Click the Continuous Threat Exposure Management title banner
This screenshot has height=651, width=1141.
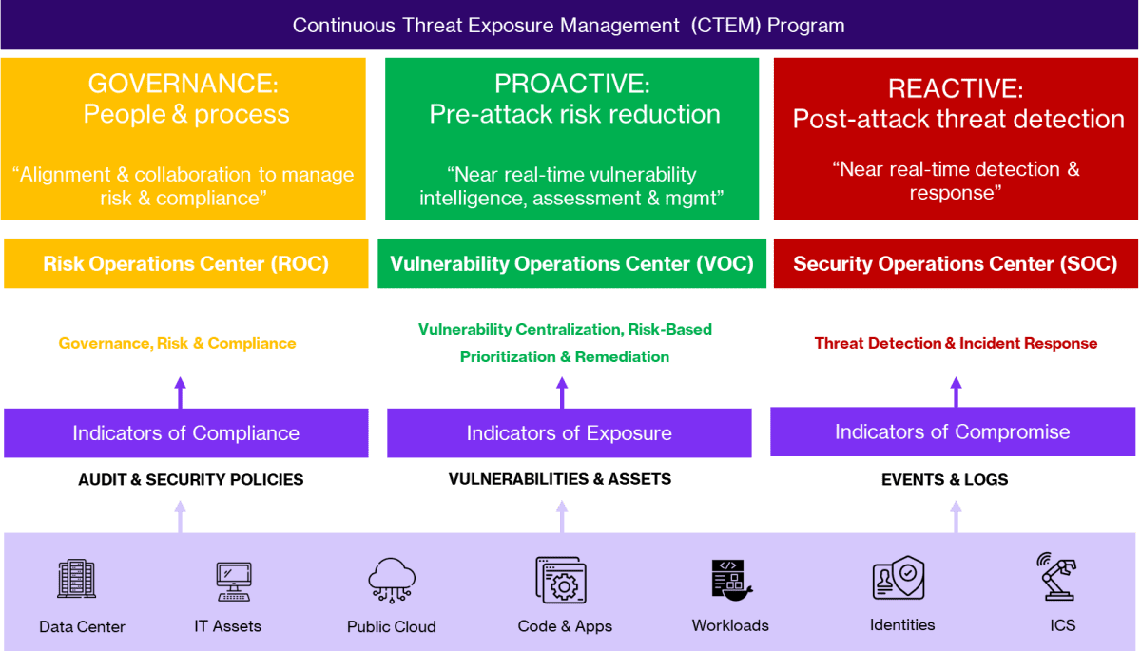click(x=569, y=25)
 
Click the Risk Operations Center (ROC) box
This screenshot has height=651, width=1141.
click(x=186, y=263)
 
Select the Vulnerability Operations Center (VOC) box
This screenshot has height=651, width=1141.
click(x=571, y=263)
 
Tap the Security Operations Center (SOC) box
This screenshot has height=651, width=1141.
click(x=955, y=263)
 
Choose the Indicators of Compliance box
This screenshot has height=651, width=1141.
click(x=186, y=433)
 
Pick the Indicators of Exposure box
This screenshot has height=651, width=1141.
click(x=569, y=433)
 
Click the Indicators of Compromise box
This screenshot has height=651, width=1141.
click(x=952, y=431)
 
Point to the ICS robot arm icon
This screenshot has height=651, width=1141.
click(x=1056, y=576)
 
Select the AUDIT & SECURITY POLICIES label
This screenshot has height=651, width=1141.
click(x=190, y=480)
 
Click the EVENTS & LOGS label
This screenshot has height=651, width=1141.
click(x=944, y=480)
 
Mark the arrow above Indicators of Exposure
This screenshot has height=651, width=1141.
click(x=562, y=392)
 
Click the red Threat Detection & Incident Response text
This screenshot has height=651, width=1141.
click(x=956, y=343)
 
